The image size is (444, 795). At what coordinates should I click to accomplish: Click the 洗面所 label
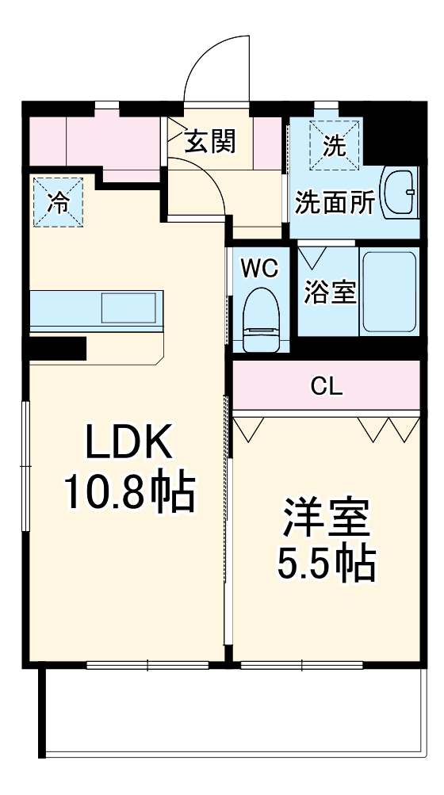(335, 202)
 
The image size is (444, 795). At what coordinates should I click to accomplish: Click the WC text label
(260, 268)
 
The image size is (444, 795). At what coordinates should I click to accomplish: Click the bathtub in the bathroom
(389, 292)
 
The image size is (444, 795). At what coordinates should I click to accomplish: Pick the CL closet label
(326, 386)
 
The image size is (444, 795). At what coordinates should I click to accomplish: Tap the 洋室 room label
(325, 519)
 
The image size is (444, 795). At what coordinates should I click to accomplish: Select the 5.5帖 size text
(325, 564)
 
